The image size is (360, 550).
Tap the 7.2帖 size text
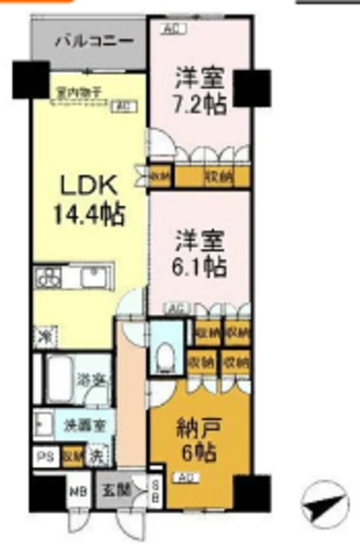(202, 105)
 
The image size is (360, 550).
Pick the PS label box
(42, 455)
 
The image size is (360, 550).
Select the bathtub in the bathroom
(54, 375)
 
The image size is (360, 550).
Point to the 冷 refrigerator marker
(43, 332)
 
